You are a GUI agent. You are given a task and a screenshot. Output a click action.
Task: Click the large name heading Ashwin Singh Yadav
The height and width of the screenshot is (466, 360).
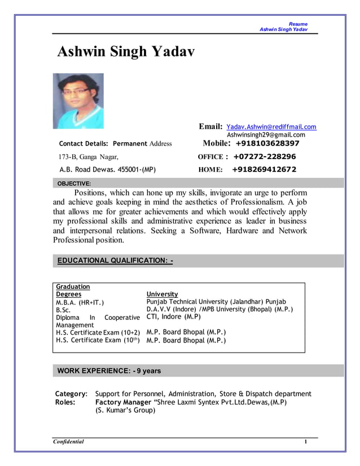coord(126,52)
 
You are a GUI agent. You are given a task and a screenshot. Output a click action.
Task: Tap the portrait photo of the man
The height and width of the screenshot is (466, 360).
coord(78,101)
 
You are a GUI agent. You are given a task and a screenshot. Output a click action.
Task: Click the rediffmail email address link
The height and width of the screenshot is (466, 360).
coord(271,127)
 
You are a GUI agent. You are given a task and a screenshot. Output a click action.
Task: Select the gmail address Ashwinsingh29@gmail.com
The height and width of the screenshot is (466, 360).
coord(266,135)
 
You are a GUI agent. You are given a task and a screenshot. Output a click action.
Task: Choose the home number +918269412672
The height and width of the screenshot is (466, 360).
coord(264,169)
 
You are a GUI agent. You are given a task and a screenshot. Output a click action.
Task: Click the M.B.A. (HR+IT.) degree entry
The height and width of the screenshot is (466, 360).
coord(80,302)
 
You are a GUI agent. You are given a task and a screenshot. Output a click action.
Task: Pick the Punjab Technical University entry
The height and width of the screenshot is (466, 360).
coord(216,302)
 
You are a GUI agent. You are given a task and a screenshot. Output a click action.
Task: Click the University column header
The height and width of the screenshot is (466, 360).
coord(162,294)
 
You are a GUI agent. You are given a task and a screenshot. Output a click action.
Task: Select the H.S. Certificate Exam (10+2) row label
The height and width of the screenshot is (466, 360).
coord(98,332)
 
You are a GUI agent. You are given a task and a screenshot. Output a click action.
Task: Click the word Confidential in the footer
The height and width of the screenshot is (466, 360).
coord(68,442)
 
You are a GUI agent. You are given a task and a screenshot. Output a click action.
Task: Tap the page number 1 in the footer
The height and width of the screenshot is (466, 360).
coord(305,442)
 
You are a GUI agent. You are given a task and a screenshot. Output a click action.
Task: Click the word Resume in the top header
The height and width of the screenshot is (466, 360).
coord(298,24)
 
